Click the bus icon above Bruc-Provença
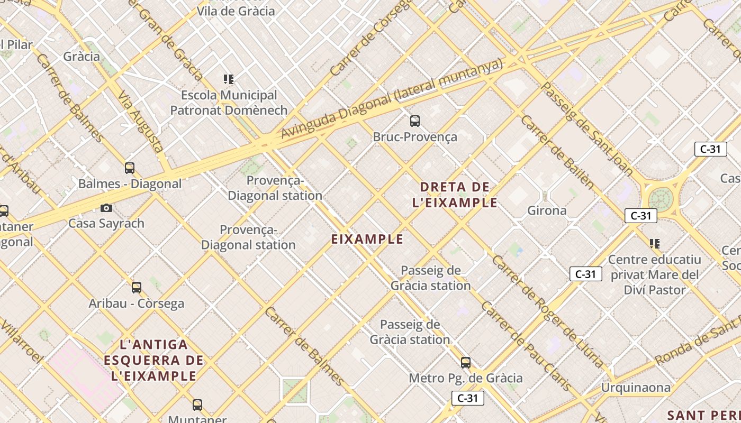415,121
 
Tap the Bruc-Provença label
415,137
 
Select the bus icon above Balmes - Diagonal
130,168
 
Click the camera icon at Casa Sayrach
106,208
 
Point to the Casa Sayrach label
106,223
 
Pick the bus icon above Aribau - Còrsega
137,288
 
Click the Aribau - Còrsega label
137,304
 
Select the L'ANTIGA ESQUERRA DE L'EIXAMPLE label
154,360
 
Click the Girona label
547,210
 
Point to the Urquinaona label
636,388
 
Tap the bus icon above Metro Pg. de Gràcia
466,363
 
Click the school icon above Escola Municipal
229,79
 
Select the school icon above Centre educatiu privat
655,244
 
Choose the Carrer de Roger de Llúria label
548,312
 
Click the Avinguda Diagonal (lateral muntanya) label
391,99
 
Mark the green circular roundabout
660,199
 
